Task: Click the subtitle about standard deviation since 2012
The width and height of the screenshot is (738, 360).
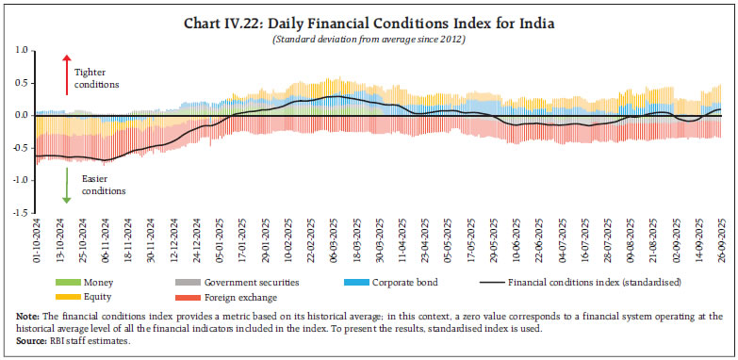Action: point(369,38)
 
